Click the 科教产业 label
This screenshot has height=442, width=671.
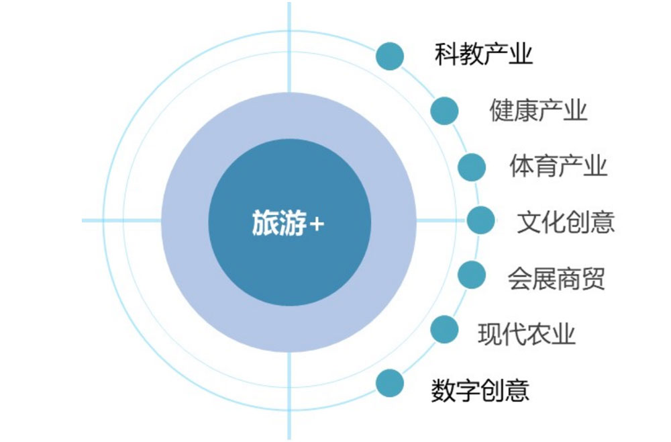(484, 54)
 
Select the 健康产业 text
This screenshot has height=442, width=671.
(538, 110)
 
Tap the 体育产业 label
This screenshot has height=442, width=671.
(558, 166)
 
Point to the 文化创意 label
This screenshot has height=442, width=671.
(566, 222)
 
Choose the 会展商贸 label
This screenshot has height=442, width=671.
(556, 278)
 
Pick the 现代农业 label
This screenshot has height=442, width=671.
(526, 334)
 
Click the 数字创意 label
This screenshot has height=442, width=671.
(480, 390)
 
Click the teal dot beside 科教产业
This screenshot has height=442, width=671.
(390, 56)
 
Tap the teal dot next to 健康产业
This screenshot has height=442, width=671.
(445, 111)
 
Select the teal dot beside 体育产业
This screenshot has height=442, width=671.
(472, 167)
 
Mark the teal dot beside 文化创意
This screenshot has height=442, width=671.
(481, 220)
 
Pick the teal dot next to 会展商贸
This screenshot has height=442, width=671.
(472, 275)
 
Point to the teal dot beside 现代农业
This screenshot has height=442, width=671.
(445, 329)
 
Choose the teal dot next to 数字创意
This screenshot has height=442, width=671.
(390, 383)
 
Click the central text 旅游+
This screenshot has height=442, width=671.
(288, 223)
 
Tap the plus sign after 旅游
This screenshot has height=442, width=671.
(316, 224)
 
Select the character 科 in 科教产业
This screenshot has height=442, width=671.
(447, 54)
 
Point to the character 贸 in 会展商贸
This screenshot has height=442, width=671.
(593, 278)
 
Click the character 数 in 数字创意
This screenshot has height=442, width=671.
(444, 390)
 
